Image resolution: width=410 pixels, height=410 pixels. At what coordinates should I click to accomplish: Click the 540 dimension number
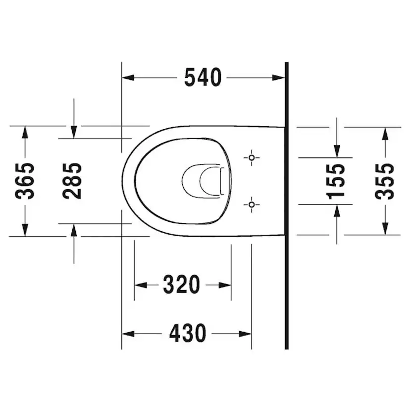(x=203, y=78)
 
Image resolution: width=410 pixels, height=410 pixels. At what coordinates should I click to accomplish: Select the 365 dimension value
(x=25, y=181)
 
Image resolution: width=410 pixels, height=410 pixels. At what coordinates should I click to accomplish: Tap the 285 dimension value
(x=72, y=181)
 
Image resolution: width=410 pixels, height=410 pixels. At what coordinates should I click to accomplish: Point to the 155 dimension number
(x=336, y=181)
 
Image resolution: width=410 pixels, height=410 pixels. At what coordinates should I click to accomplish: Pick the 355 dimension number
(x=384, y=181)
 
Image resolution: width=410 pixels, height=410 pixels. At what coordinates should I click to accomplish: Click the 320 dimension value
(x=182, y=285)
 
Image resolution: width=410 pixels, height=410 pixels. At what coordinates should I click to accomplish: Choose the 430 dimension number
(x=188, y=334)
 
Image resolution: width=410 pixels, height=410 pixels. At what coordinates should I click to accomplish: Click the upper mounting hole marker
(x=252, y=158)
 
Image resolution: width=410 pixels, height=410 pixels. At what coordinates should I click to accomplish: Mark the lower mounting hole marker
(x=252, y=204)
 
